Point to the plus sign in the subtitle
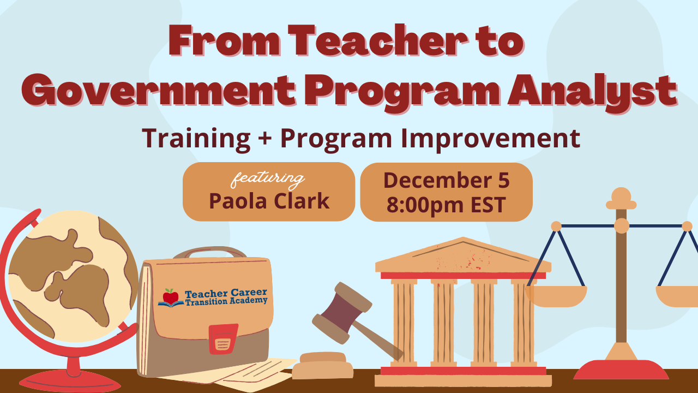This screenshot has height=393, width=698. pyautogui.click(x=265, y=139)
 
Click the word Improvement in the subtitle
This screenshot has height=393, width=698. pyautogui.click(x=491, y=138)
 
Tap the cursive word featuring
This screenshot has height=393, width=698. pyautogui.click(x=268, y=178)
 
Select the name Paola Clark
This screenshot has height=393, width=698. pyautogui.click(x=269, y=201)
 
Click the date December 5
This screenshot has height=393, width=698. pyautogui.click(x=446, y=181)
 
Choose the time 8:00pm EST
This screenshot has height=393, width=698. pyautogui.click(x=446, y=205)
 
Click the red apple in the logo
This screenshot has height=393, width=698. pyautogui.click(x=171, y=297)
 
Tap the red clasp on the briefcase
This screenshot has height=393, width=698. pyautogui.click(x=223, y=338)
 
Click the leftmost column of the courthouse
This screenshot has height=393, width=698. pyautogui.click(x=404, y=322)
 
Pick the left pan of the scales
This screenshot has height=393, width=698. pyautogui.click(x=556, y=295)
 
